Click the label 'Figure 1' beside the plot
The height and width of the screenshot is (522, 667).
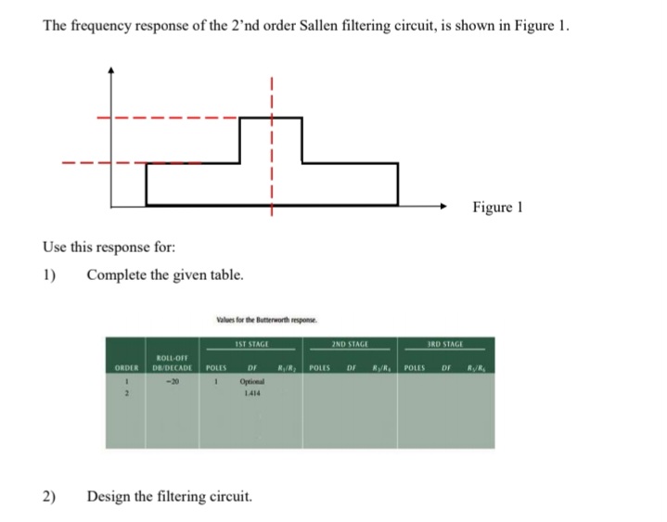(497, 207)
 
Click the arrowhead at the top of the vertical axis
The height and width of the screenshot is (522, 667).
(111, 70)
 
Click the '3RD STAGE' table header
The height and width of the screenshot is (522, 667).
(446, 344)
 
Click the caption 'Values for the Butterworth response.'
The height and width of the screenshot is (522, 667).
(266, 319)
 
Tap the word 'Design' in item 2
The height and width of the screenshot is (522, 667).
(111, 497)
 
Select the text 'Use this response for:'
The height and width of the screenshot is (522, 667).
(100, 248)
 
